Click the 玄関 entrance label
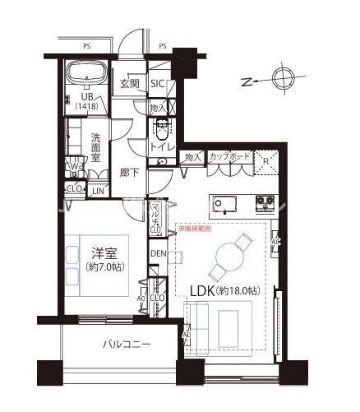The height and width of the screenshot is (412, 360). (x=130, y=83)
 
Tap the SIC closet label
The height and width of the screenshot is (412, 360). (x=159, y=83)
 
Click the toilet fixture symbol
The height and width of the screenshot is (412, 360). (x=161, y=129)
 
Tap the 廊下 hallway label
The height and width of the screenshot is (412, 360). (x=128, y=174)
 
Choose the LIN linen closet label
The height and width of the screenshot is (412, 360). (x=98, y=191)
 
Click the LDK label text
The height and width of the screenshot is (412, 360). (x=224, y=292)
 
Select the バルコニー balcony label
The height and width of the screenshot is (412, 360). (x=127, y=345)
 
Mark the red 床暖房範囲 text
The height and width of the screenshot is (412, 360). (x=195, y=228)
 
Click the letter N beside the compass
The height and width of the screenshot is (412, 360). (x=247, y=81)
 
